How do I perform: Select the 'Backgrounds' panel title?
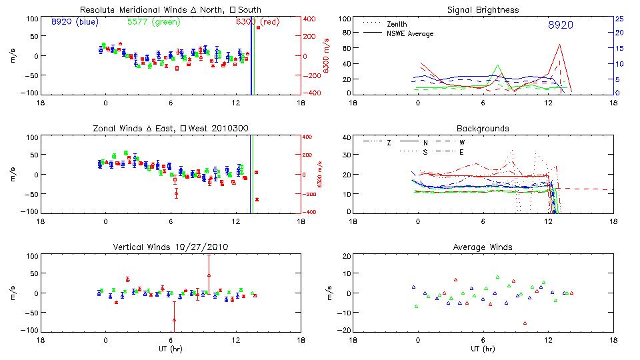pyautogui.click(x=483, y=129)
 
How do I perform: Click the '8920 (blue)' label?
pyautogui.click(x=75, y=22)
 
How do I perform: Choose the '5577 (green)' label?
pyautogui.click(x=152, y=22)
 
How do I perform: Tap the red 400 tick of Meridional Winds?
pyautogui.click(x=311, y=19)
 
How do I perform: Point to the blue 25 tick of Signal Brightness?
pyautogui.click(x=619, y=19)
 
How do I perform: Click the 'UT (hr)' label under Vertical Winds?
pyautogui.click(x=171, y=349)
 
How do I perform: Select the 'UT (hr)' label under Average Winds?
pyautogui.click(x=483, y=349)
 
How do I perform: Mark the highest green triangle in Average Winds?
pyautogui.click(x=497, y=277)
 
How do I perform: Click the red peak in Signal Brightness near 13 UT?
pyautogui.click(x=560, y=45)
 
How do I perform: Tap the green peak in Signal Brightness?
pyautogui.click(x=497, y=65)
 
